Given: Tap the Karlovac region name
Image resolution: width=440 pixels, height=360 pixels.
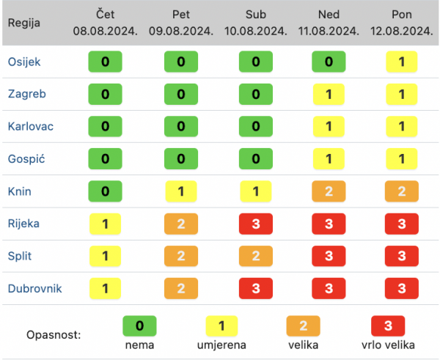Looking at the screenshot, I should coord(30,126).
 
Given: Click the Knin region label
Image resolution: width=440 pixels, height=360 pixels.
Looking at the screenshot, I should coord(19,191).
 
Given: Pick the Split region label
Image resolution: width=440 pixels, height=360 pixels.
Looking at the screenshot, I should coord(19,256).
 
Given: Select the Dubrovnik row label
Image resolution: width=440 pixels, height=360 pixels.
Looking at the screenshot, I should coord(34,288).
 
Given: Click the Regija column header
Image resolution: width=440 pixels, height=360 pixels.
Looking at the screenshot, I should coord(24,22).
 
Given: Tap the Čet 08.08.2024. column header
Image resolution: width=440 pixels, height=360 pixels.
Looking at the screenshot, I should coord(106,22).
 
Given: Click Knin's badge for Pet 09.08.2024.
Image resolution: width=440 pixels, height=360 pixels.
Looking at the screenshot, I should coord(180,191).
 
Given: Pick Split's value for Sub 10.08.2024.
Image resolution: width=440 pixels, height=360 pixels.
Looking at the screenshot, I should coord(255,256).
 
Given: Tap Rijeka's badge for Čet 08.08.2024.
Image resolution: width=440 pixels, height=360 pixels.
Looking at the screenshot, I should coord(106,224).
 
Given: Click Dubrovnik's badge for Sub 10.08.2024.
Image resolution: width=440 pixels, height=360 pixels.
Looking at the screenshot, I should coord(255,288).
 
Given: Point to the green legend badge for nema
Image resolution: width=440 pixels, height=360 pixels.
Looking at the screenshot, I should coord(139,324).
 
